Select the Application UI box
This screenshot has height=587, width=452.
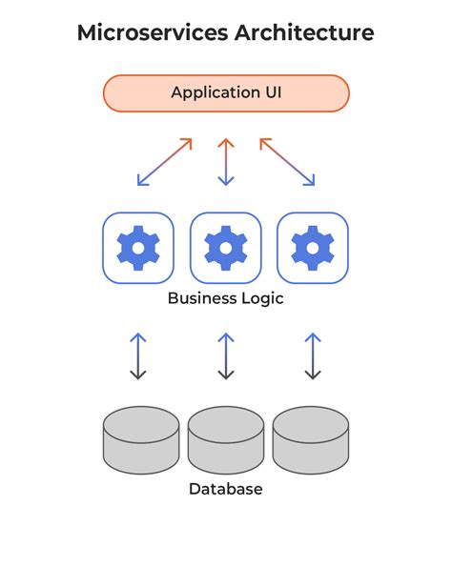click(x=226, y=93)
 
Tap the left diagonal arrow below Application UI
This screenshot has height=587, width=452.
click(x=165, y=161)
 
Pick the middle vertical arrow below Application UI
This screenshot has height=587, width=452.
click(x=226, y=161)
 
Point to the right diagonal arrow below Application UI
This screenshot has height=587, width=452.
click(x=287, y=161)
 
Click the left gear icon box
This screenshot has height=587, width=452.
click(x=138, y=248)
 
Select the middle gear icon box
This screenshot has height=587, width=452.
click(x=226, y=248)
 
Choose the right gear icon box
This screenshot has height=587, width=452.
click(x=313, y=248)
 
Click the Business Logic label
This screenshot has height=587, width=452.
click(x=226, y=298)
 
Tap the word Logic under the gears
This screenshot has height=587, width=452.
click(x=261, y=298)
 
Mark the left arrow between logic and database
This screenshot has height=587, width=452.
click(x=138, y=355)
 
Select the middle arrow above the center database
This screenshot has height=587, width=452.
click(x=226, y=355)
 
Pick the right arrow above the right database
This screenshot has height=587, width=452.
click(x=313, y=355)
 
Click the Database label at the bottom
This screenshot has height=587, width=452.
click(x=226, y=489)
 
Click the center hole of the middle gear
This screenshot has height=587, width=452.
click(x=226, y=248)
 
